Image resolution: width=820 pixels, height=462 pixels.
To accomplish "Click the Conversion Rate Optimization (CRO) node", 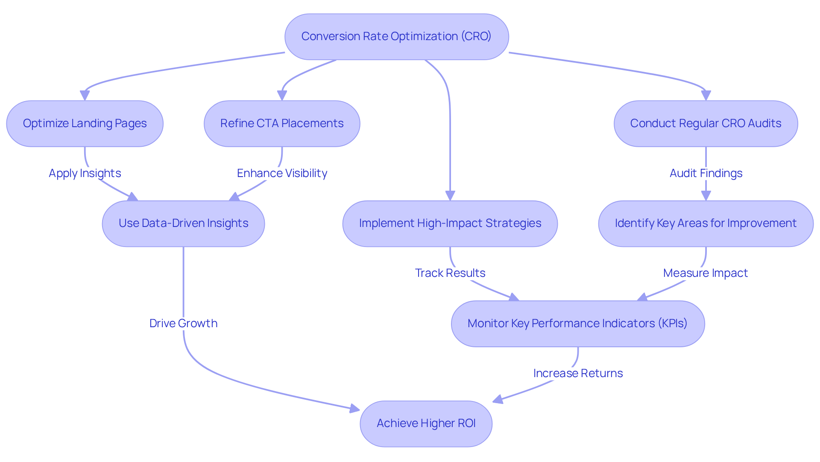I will [396, 37].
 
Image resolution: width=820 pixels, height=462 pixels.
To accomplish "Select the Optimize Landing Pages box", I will [85, 124].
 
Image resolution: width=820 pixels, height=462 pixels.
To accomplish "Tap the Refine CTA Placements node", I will [282, 124].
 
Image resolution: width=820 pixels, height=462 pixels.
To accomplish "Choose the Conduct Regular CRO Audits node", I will [706, 124].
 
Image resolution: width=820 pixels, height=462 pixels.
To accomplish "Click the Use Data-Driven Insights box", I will [183, 224].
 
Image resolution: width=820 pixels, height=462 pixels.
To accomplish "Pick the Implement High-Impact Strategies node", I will [450, 224].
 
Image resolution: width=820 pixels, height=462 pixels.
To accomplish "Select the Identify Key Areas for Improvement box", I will [706, 224].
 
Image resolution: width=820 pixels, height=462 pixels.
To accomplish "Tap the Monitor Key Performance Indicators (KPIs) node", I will [577, 323].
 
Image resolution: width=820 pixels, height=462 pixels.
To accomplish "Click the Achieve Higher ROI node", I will [426, 423].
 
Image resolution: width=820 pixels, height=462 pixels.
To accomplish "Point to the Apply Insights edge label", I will [85, 173].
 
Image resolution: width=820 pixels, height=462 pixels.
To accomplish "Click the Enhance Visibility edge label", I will [282, 173].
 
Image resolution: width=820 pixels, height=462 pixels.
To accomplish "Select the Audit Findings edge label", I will [706, 173].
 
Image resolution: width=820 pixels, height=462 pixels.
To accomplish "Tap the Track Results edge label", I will [450, 273].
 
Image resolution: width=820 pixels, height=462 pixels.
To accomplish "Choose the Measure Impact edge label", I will [705, 273].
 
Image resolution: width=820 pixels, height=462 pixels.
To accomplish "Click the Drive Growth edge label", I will [183, 323].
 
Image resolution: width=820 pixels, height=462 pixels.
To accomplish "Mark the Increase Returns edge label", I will [577, 373].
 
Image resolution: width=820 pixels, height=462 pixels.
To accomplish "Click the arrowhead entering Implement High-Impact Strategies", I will [450, 196].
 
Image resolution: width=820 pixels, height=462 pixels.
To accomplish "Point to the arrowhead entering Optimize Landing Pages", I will [85, 96].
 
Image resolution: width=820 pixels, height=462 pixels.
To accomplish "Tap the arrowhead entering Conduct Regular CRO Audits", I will [706, 96].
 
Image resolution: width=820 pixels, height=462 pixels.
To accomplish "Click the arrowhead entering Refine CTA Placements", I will [282, 96].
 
